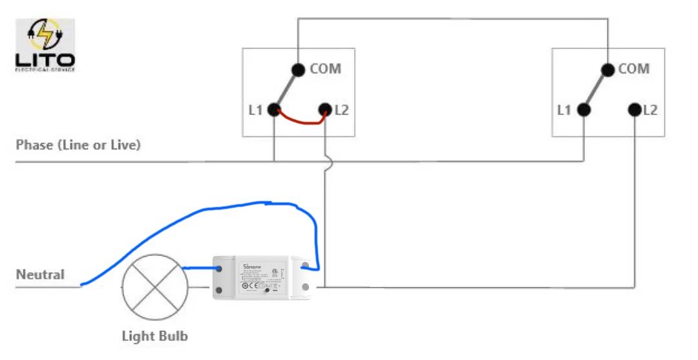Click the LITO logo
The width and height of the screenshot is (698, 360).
pyautogui.click(x=45, y=45)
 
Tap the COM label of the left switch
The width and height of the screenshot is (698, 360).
pyautogui.click(x=325, y=68)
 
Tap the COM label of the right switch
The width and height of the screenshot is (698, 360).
pyautogui.click(x=633, y=68)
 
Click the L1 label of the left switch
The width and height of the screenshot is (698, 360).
pyautogui.click(x=255, y=111)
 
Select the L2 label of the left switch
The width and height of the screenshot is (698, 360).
pyautogui.click(x=341, y=111)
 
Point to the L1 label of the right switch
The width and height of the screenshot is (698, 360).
pyautogui.click(x=564, y=111)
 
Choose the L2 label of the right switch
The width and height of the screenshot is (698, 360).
pyautogui.click(x=650, y=111)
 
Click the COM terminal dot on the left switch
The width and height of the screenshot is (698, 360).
pyautogui.click(x=298, y=70)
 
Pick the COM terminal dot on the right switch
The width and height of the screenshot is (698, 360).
pyautogui.click(x=607, y=70)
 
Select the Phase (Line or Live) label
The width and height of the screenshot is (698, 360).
pyautogui.click(x=78, y=145)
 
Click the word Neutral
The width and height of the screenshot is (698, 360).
pyautogui.click(x=40, y=275)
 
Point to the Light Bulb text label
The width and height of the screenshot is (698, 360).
pyautogui.click(x=154, y=336)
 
